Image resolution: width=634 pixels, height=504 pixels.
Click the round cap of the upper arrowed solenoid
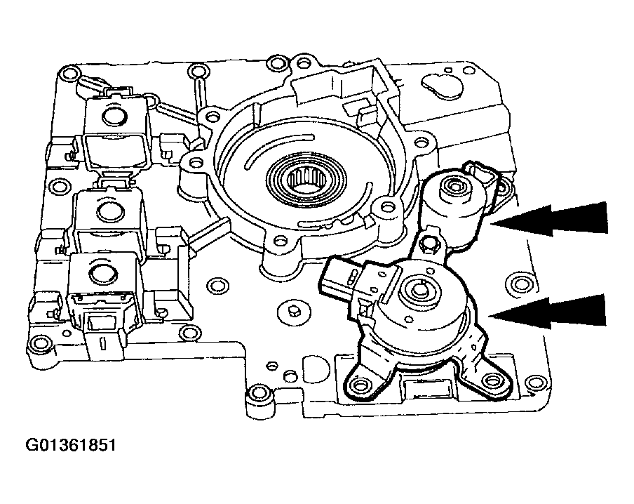click(x=447, y=188)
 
